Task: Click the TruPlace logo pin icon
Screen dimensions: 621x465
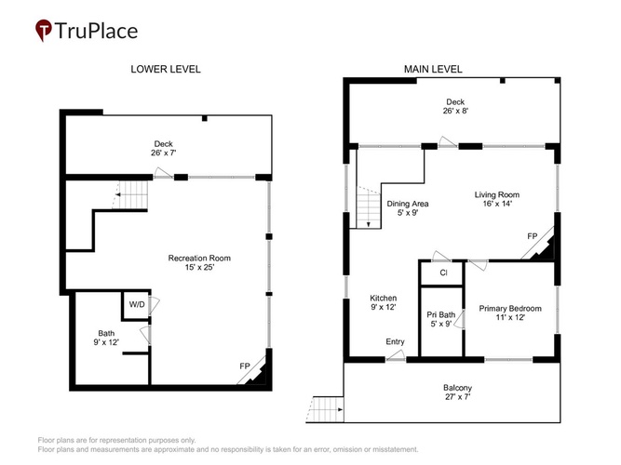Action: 44,30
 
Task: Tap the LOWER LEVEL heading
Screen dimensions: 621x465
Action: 166,69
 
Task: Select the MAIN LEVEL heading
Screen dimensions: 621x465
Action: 433,69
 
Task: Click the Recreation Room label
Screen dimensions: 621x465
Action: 199,263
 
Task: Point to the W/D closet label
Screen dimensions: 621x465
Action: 137,304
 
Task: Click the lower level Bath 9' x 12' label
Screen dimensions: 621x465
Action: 106,338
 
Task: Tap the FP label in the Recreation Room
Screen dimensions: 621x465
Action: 245,366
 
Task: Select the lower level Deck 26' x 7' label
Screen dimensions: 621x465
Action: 164,149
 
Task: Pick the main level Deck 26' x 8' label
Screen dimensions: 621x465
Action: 455,106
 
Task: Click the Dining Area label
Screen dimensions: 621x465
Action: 408,208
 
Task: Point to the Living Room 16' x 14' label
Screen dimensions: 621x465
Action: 497,199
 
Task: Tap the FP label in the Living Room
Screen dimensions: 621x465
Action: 533,236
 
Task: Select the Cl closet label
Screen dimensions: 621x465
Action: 443,272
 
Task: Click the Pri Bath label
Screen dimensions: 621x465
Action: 440,319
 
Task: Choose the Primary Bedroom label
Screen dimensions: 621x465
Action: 510,312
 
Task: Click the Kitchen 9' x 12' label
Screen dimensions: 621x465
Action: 383,302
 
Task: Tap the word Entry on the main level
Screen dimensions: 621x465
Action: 396,341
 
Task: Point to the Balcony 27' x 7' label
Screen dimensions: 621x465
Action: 457,392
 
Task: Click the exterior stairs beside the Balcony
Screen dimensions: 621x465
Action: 325,409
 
